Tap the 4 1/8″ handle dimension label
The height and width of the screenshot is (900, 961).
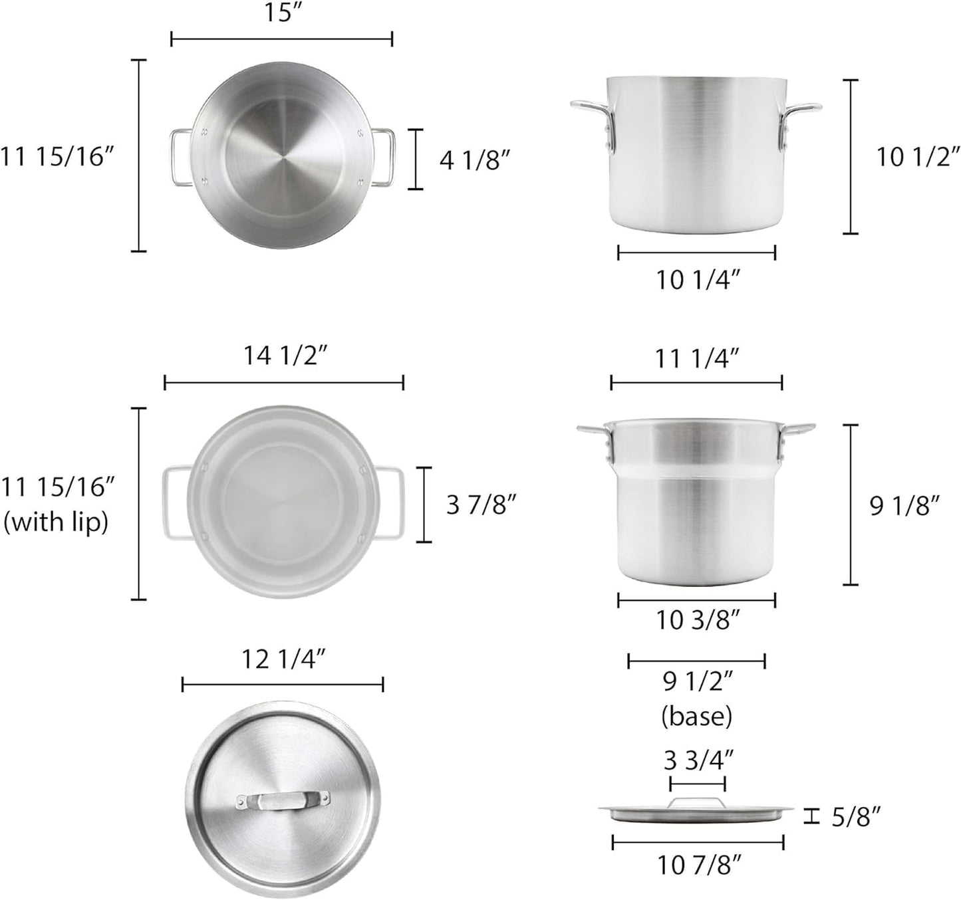click(474, 160)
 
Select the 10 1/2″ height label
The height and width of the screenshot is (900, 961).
click(917, 157)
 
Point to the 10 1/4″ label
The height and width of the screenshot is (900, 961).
click(698, 280)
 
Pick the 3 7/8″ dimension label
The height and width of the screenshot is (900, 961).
click(481, 505)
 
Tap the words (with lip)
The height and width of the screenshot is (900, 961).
click(56, 522)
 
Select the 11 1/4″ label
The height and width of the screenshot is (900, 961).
click(697, 359)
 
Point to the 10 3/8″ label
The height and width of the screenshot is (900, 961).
click(698, 620)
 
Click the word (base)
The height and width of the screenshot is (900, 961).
click(697, 716)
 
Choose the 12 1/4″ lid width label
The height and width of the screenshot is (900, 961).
click(283, 659)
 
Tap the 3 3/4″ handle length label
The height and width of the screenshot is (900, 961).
click(698, 759)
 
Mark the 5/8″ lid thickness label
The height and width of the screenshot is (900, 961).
click(856, 816)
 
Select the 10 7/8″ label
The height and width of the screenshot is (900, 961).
click(699, 865)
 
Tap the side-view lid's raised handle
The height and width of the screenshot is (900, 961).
click(697, 802)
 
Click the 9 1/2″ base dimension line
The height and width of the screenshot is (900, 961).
click(697, 661)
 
